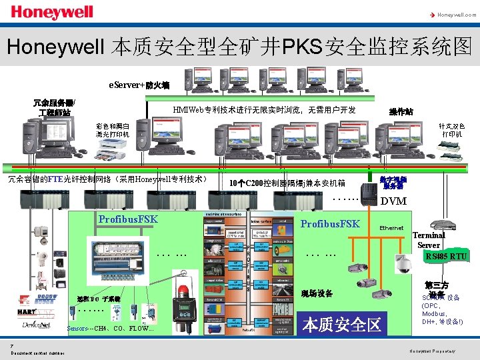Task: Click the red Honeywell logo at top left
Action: click(x=43, y=13)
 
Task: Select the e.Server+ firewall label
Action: click(x=140, y=85)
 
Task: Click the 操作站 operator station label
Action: click(x=401, y=112)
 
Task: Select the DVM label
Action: click(x=393, y=201)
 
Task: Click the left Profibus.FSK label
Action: click(x=127, y=219)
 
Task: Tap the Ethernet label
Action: click(x=391, y=229)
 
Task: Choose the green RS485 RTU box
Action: click(x=445, y=256)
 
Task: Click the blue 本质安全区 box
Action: click(x=342, y=325)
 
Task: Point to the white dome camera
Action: click(x=403, y=265)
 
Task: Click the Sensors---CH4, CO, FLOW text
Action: click(x=111, y=329)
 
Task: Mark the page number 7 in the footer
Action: click(x=12, y=345)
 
